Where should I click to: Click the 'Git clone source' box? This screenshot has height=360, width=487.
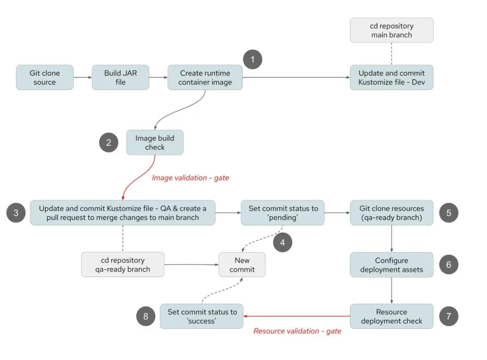coord(44,77)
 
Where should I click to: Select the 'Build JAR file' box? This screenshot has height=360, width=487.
coord(121,77)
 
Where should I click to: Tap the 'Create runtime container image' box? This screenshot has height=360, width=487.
coord(205,77)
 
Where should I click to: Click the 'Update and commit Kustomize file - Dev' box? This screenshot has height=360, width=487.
coord(391,77)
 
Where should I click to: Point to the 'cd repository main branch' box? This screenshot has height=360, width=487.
coord(391,30)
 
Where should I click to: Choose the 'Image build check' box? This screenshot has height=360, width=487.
coord(155,143)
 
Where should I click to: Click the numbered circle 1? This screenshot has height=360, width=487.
coord(253,59)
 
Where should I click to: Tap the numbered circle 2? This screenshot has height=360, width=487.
coord(109,143)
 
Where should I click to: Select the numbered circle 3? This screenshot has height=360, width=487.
coord(16,213)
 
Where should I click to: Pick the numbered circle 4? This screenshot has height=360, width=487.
coord(282,242)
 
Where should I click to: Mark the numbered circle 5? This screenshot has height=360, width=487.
coord(448,213)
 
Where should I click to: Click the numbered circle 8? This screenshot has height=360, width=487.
coord(145,316)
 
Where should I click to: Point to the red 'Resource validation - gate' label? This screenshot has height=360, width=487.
coord(297,331)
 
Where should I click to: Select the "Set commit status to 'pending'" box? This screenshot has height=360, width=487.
coord(283,213)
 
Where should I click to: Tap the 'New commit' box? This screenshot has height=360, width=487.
coord(242,264)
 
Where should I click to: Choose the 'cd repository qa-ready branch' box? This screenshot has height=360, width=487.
coord(122,264)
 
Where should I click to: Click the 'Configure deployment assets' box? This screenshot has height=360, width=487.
coord(391,264)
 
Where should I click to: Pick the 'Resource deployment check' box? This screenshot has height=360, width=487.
coord(391,316)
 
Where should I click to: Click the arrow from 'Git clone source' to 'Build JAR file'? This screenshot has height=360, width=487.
coord(82,77)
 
